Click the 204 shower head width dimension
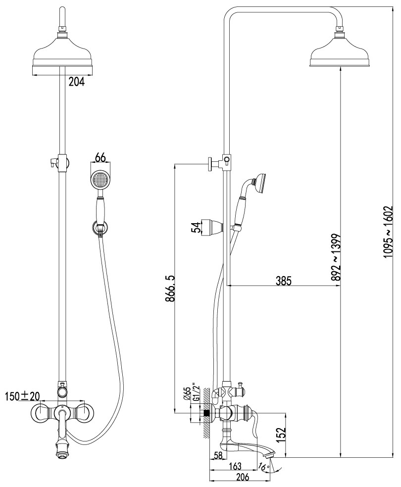(76, 82)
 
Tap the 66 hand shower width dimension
(100, 158)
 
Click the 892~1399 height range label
(336, 258)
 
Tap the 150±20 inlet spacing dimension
(23, 396)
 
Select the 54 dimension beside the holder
(197, 227)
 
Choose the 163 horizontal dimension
(235, 466)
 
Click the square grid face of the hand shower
(100, 179)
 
